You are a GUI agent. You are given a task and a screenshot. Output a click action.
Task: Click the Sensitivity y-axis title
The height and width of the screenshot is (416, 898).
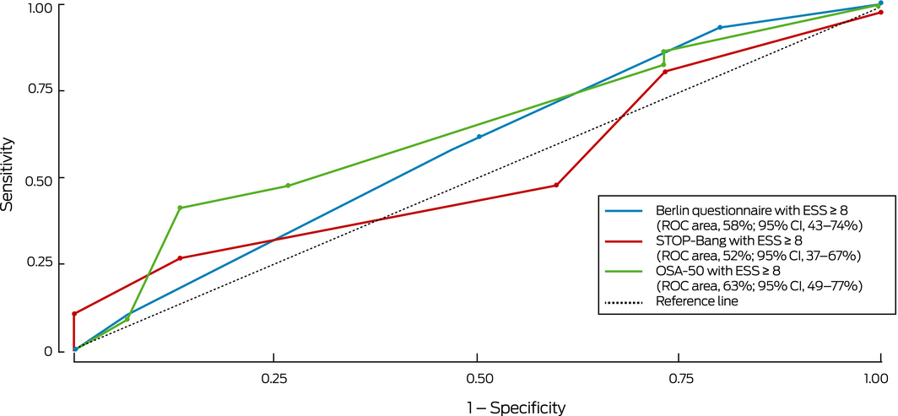[x=9, y=176]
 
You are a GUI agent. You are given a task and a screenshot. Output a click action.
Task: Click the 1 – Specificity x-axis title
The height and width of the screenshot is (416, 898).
[x=517, y=408]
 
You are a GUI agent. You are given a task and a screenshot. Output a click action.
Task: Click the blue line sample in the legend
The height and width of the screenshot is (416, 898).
[x=623, y=210]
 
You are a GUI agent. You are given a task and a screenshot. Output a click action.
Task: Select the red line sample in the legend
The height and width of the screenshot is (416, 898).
[x=623, y=240]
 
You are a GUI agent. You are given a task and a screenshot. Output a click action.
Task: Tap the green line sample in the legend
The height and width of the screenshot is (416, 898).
[x=623, y=272]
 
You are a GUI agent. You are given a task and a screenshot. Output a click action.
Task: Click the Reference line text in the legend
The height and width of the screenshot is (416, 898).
[x=697, y=301]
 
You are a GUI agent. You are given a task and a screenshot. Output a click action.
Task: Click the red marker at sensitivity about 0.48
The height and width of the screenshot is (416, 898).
[x=556, y=185]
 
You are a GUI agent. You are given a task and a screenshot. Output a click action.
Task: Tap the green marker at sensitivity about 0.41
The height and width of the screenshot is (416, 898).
[x=180, y=208]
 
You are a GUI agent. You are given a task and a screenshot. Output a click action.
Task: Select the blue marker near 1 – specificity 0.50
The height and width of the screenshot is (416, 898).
[x=479, y=137]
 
